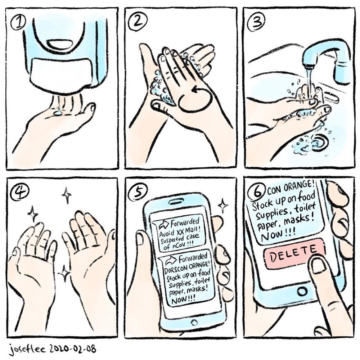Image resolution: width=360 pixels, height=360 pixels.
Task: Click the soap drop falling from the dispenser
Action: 59,110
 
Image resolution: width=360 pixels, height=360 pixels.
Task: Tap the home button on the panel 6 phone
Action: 302,292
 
